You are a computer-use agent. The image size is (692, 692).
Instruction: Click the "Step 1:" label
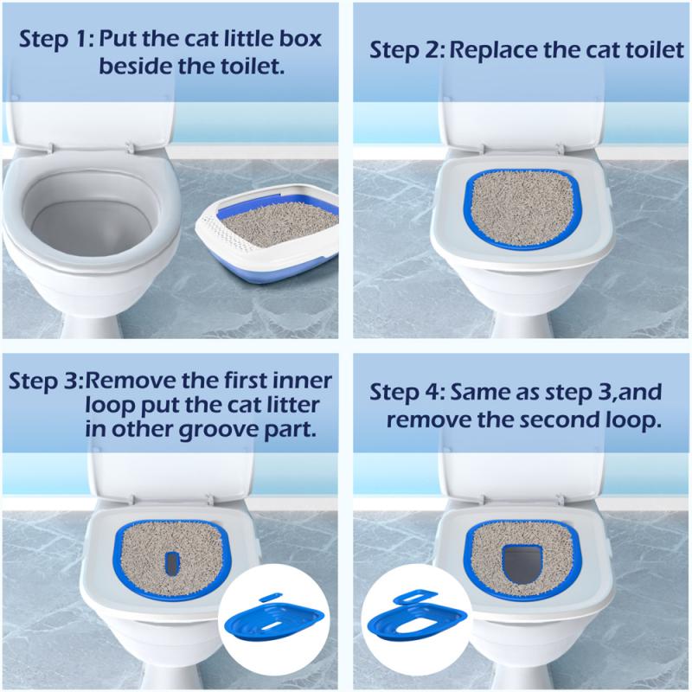(x=57, y=40)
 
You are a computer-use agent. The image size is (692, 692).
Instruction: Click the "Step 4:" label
(x=407, y=394)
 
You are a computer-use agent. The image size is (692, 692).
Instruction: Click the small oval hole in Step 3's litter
(x=172, y=561)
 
